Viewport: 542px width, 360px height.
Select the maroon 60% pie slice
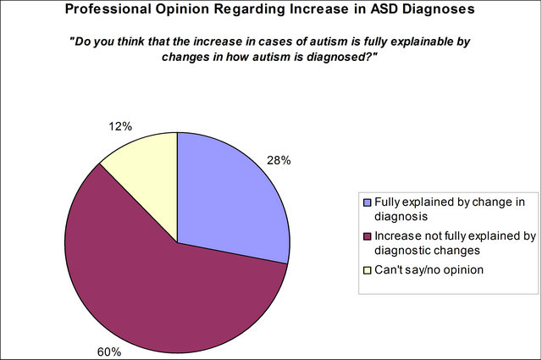[x=166, y=291]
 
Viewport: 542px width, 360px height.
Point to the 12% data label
[x=120, y=126]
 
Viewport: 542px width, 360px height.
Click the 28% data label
[x=279, y=160]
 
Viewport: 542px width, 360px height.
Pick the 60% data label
[x=109, y=352]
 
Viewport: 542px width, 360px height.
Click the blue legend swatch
[x=367, y=202]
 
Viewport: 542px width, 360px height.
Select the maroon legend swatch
[x=367, y=236]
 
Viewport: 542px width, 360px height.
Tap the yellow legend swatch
[x=367, y=270]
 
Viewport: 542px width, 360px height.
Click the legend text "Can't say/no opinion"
[x=429, y=269]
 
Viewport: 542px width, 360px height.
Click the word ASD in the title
[x=384, y=9]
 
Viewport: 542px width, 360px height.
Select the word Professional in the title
[x=108, y=9]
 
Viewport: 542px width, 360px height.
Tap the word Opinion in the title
[x=182, y=9]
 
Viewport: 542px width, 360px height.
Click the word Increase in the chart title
[x=319, y=9]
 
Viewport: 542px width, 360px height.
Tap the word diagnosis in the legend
[x=401, y=217]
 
